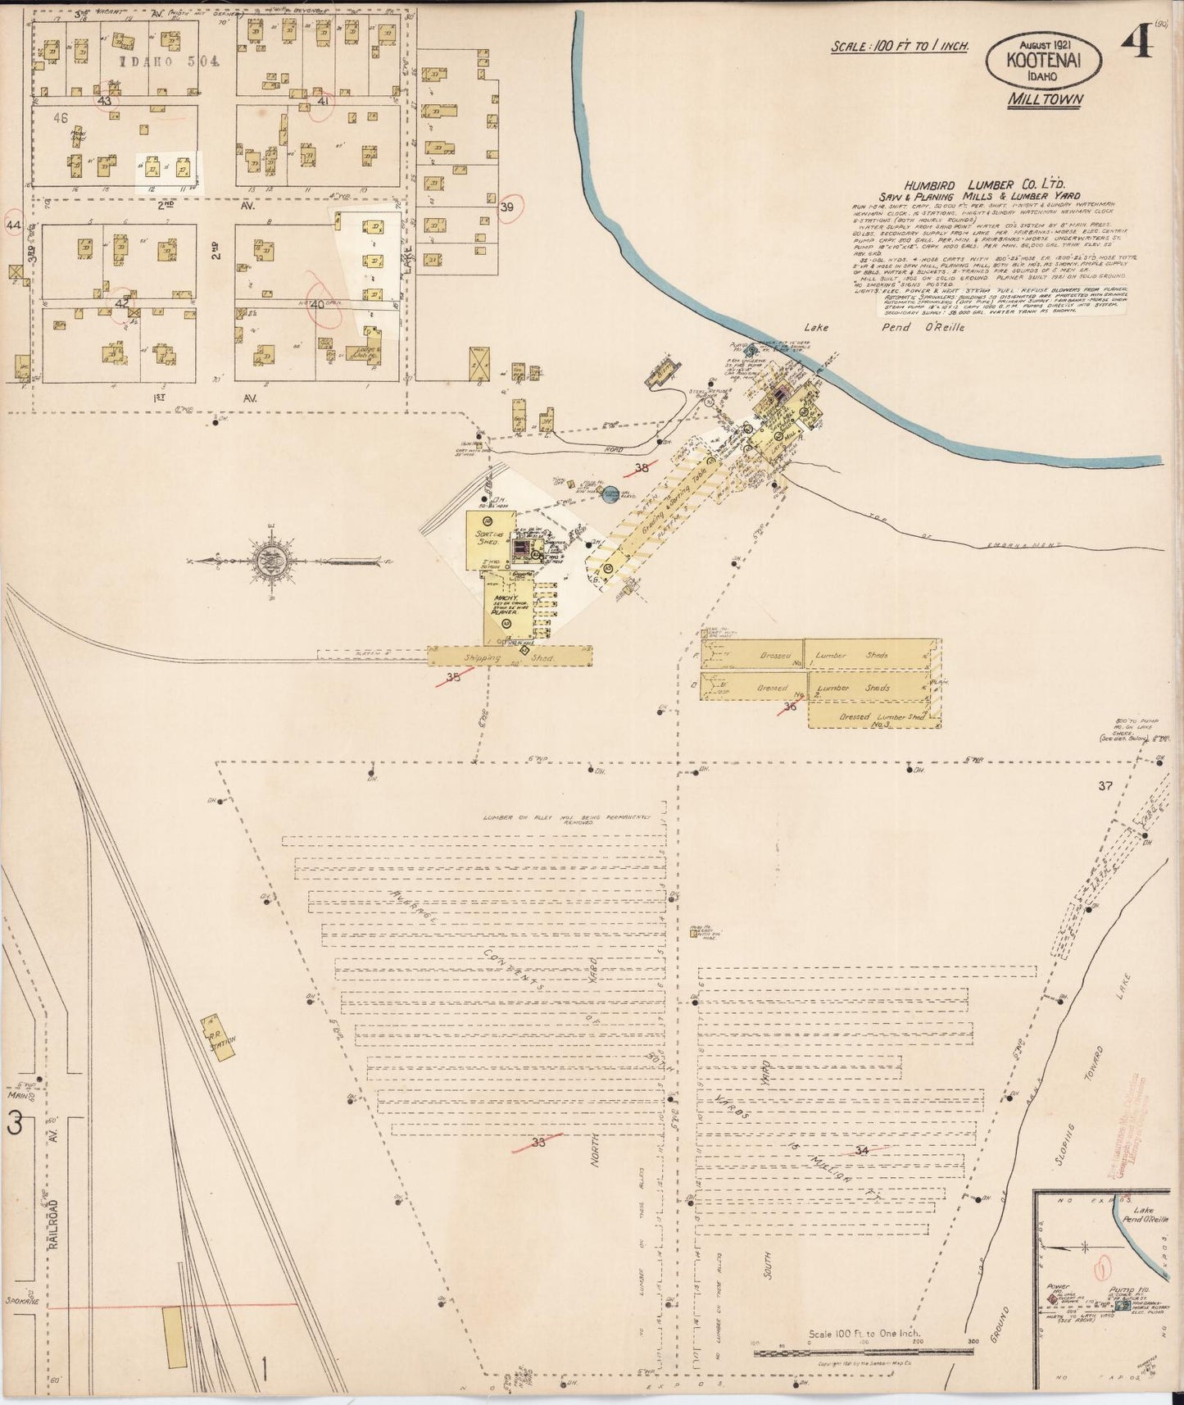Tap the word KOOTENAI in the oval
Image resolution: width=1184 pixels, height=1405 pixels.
pos(1043,59)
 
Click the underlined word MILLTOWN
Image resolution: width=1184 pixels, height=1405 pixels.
pos(1046,100)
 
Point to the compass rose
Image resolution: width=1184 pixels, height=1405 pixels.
pos(271,562)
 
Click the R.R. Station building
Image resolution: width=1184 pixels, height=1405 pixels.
pos(219,1040)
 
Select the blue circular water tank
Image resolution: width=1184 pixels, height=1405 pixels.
pos(610,495)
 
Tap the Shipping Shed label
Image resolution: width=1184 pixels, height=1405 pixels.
pos(510,657)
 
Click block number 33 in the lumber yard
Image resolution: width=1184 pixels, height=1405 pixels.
pos(538,1142)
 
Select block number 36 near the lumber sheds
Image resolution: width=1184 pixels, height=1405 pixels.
pos(790,706)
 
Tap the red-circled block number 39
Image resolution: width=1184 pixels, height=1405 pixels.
pos(506,207)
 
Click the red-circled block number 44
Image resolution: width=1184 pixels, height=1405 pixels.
pos(12,224)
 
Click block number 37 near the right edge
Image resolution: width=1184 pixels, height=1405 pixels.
pos(1106,786)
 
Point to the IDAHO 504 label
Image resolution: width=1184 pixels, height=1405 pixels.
pos(166,61)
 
